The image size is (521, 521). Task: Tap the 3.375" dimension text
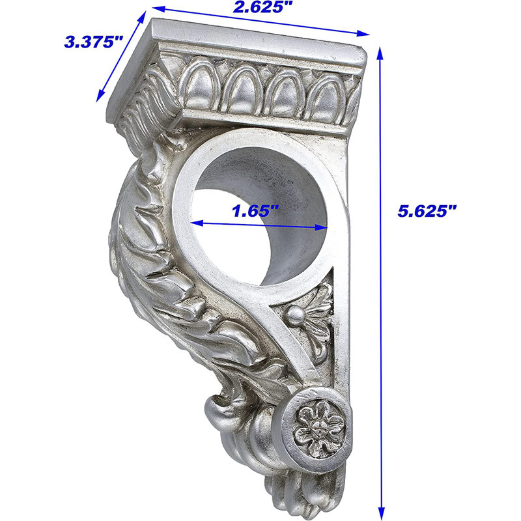(x=93, y=42)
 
